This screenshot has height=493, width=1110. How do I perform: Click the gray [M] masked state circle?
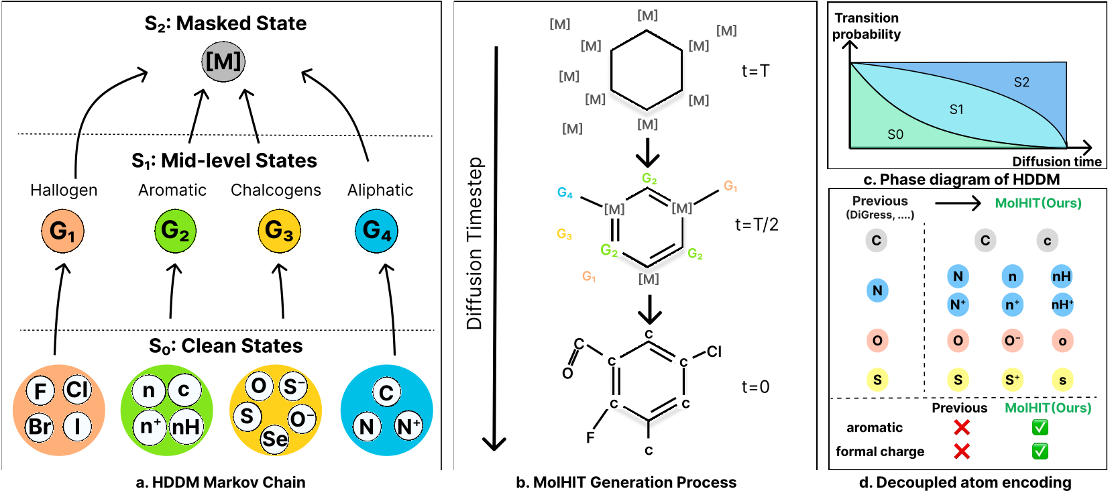(x=223, y=62)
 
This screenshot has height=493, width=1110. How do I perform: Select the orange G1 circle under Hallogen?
(x=62, y=231)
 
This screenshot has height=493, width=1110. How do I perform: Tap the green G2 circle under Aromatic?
(x=175, y=231)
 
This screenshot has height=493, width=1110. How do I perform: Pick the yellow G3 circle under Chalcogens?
(x=280, y=231)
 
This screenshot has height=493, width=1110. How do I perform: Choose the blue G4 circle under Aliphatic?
(x=377, y=231)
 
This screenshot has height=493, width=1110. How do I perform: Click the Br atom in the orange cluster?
(x=40, y=426)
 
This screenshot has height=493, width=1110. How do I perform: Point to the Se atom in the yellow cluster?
(x=274, y=439)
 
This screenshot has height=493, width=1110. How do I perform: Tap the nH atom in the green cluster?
(x=186, y=426)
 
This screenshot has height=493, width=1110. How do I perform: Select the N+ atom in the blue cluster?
(x=409, y=426)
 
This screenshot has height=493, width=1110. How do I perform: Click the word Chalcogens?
(x=276, y=190)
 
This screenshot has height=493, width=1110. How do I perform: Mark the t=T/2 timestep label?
(x=757, y=225)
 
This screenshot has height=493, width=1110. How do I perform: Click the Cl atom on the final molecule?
(x=714, y=351)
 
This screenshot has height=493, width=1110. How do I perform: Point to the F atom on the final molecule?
(x=590, y=437)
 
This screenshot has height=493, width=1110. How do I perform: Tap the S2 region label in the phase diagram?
(x=1021, y=83)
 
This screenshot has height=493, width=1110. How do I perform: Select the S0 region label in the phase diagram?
(x=895, y=134)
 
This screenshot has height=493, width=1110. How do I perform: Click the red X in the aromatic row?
(x=962, y=427)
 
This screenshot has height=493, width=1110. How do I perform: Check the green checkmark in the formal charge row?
(x=1040, y=451)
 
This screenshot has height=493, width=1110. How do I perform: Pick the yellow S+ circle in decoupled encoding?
(x=1012, y=380)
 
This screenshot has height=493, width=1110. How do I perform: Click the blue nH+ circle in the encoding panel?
(x=1062, y=305)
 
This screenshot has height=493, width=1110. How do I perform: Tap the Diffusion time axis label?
(x=1057, y=162)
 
